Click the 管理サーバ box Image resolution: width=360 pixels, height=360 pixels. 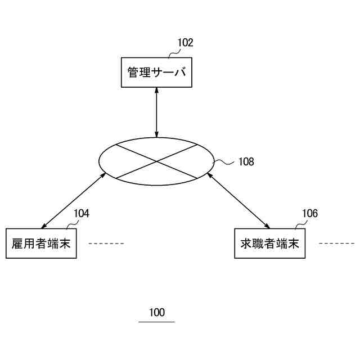pyautogui.click(x=156, y=73)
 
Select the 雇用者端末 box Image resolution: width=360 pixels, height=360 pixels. pyautogui.click(x=41, y=244)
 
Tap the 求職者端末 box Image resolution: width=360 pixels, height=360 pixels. pyautogui.click(x=269, y=244)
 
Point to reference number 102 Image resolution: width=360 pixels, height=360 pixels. pyautogui.click(x=185, y=43)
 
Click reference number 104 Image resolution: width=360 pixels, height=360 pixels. pyautogui.click(x=81, y=213)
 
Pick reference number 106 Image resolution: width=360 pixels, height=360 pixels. pyautogui.click(x=309, y=213)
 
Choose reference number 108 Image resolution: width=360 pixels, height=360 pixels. pyautogui.click(x=246, y=162)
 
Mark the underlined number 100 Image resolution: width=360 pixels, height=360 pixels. pyautogui.click(x=157, y=313)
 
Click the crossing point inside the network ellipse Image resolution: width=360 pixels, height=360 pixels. pyautogui.click(x=156, y=161)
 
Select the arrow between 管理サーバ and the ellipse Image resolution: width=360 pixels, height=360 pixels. pyautogui.click(x=156, y=112)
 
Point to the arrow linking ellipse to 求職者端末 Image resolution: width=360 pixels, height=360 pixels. pyautogui.click(x=238, y=201)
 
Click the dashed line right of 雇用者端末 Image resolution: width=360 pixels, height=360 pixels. pyautogui.click(x=106, y=244)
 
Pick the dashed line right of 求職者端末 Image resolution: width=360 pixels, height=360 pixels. pyautogui.click(x=336, y=244)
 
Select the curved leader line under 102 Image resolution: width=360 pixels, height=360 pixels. pyautogui.click(x=174, y=54)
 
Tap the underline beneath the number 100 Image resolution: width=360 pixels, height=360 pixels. pyautogui.click(x=157, y=322)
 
